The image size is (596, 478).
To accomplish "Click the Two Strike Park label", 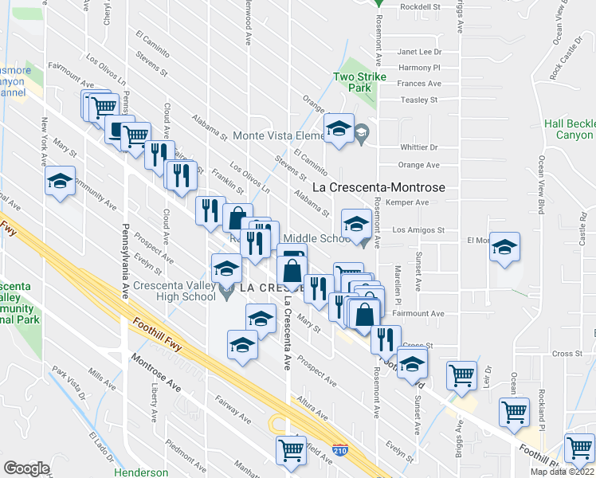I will coord(355,83).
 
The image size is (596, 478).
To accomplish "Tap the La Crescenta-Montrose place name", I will coord(378,188).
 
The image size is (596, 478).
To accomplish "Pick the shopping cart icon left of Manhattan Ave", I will coord(291,450).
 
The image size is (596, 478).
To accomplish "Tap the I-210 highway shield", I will coord(339,452).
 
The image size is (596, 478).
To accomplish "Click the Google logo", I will coord(26,468).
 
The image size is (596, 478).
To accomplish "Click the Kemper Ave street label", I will coord(419,203).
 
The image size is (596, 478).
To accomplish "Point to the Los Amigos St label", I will coord(418,229).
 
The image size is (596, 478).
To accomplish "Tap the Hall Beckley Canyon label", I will coord(569,129).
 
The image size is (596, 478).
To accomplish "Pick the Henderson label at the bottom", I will coord(141,472).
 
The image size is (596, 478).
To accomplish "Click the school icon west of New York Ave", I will coord(60,182).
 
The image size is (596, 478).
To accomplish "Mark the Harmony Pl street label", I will coord(420,68).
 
